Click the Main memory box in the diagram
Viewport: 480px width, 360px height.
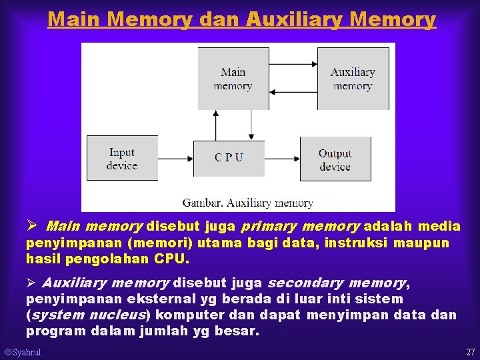click(x=233, y=79)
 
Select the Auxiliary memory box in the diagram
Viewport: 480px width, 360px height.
click(x=353, y=79)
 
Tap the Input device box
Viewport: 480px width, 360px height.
click(x=122, y=159)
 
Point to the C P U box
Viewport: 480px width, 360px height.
click(x=229, y=158)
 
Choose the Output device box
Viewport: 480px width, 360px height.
click(x=335, y=159)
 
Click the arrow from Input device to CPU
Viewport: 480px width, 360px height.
click(x=175, y=159)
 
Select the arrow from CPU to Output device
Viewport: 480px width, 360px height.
click(x=282, y=159)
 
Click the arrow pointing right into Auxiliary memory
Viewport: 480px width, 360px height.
click(x=293, y=63)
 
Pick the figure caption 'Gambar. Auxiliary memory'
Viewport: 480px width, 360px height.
click(x=247, y=203)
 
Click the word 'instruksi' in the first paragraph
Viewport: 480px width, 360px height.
click(x=361, y=243)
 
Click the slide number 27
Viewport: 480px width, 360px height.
click(x=470, y=352)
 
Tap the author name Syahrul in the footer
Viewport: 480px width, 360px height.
click(x=26, y=352)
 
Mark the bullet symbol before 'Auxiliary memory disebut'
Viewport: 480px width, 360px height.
click(x=31, y=283)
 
